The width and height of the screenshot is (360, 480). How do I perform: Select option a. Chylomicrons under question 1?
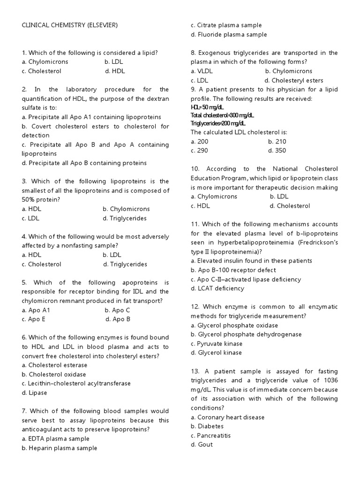coord(45,62)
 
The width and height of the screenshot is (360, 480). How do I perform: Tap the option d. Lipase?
coord(35,393)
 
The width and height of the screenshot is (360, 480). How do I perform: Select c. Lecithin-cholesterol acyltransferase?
coord(76,383)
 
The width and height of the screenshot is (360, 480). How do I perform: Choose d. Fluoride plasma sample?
coord(229,35)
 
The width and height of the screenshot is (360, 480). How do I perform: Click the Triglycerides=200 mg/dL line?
coord(218,123)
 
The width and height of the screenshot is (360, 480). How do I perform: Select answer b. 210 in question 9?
coord(277,142)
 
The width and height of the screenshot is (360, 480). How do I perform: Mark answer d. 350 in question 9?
coord(277,150)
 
